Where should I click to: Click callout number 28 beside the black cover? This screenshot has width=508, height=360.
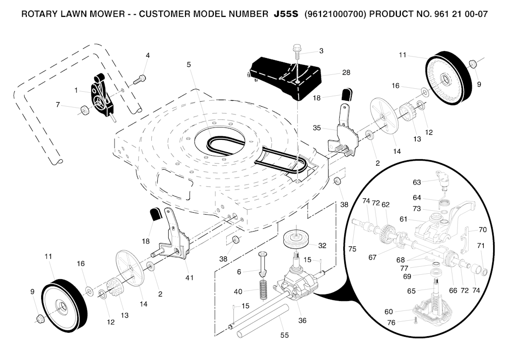click(x=346, y=72)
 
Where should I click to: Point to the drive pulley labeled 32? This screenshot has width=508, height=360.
click(x=295, y=239)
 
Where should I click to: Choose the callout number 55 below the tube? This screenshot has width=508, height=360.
click(x=284, y=335)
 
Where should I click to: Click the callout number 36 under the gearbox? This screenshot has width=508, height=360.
click(x=302, y=320)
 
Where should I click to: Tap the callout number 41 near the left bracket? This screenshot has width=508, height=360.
click(x=189, y=278)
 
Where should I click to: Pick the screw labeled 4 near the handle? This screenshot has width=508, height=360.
click(x=140, y=78)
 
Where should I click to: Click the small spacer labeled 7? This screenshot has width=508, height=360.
click(x=84, y=110)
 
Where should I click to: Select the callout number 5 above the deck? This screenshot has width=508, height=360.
click(x=189, y=64)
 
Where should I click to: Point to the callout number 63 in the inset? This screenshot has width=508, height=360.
click(x=417, y=182)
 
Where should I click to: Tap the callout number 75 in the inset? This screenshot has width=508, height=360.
click(x=352, y=249)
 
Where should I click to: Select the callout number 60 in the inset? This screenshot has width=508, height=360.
click(x=388, y=312)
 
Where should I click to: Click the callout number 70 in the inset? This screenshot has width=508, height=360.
click(x=482, y=230)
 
